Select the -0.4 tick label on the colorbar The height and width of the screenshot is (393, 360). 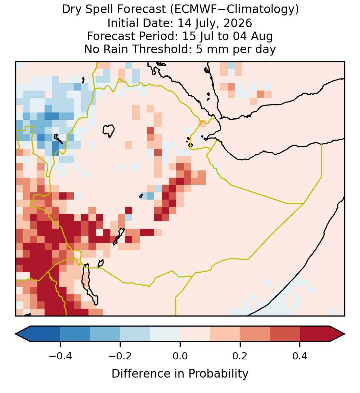click(x=60, y=356)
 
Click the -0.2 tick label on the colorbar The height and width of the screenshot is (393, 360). click(x=120, y=356)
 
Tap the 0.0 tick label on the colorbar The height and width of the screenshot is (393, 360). click(x=180, y=356)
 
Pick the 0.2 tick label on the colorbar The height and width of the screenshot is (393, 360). click(x=240, y=356)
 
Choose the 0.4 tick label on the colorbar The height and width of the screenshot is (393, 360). click(x=300, y=356)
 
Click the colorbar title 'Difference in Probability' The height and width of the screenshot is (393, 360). click(x=180, y=374)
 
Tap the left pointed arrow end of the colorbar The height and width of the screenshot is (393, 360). click(x=23, y=334)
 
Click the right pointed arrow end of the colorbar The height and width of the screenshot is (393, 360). click(x=337, y=334)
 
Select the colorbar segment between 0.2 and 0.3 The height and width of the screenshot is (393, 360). click(x=255, y=334)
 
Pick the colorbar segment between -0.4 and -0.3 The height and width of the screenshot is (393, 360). click(x=75, y=334)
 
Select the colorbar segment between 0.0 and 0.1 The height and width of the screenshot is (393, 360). click(x=195, y=334)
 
